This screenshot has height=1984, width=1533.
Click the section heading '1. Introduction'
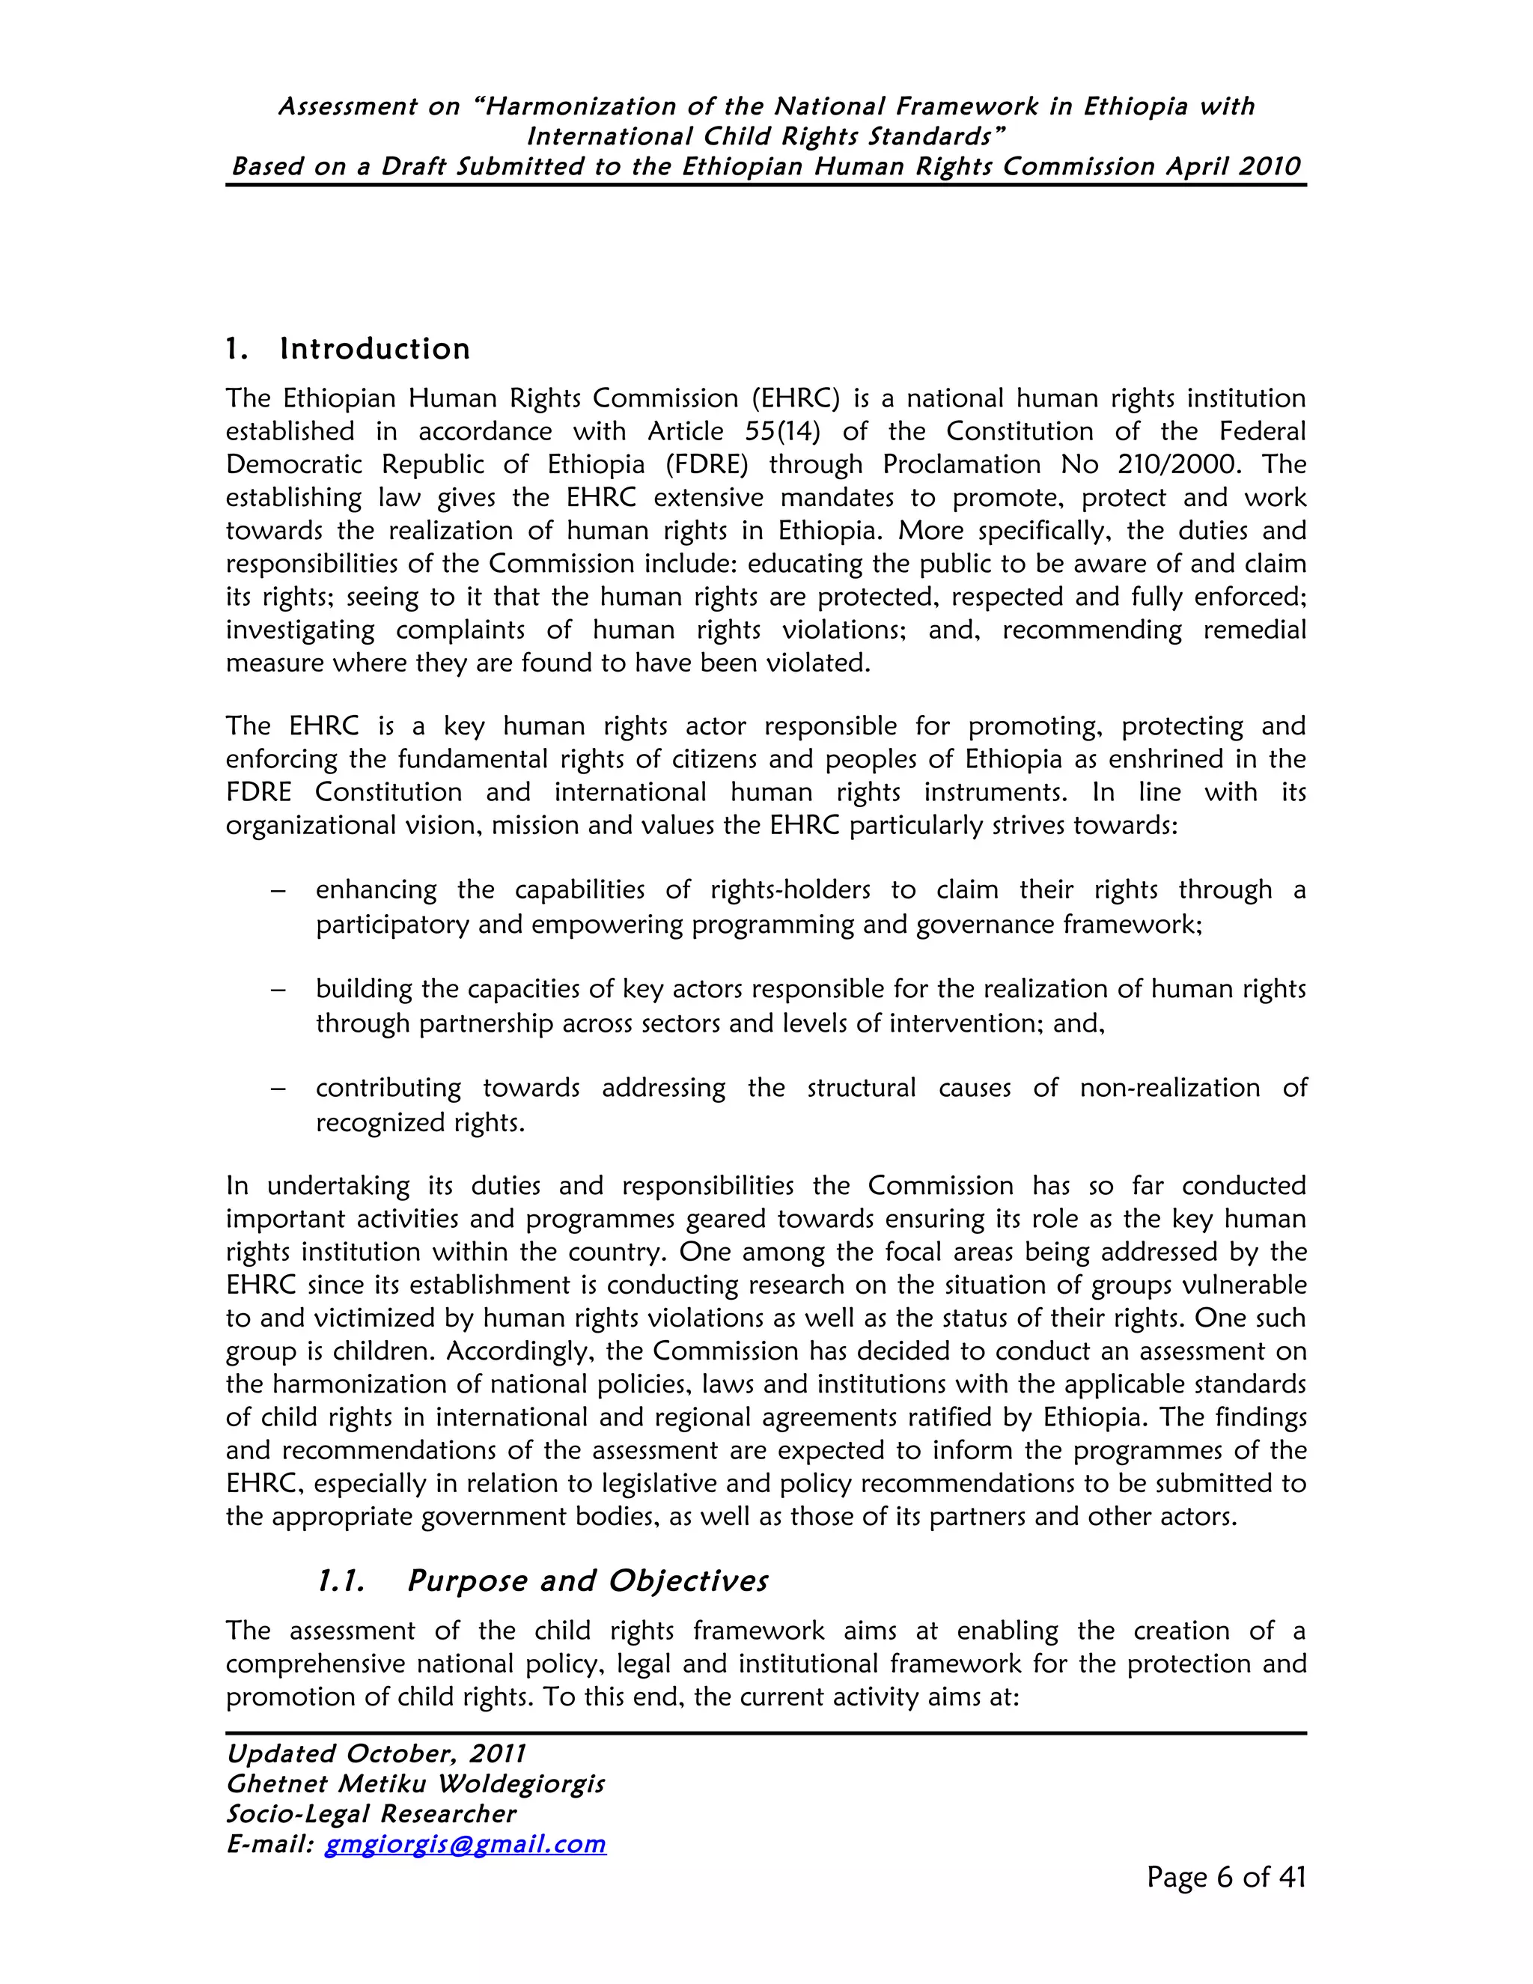pos(348,349)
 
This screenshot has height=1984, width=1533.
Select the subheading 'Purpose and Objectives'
pos(587,1580)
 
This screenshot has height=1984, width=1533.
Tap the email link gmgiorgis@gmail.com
pos(465,1844)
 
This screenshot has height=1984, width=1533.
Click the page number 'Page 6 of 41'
pos(1225,1877)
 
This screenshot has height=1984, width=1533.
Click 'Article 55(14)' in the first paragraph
pos(734,431)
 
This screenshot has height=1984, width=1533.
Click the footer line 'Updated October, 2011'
pos(376,1754)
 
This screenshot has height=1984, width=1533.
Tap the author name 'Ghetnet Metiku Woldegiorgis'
pos(415,1784)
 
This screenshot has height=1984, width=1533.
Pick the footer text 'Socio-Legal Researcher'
pos(371,1814)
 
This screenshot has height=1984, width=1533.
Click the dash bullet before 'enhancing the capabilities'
pos(278,890)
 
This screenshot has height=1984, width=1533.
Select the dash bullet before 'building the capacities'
pos(278,989)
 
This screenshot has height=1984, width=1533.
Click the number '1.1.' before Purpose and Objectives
pos(341,1580)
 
